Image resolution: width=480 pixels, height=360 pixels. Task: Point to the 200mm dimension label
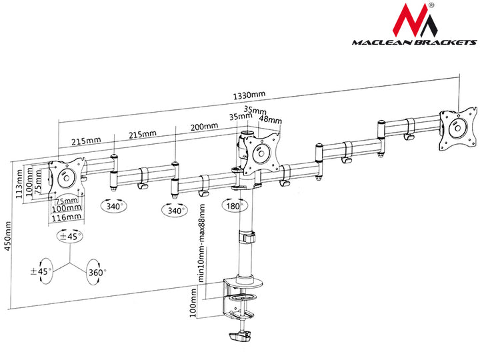(203, 127)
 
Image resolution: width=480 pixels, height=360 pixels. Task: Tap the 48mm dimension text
(270, 121)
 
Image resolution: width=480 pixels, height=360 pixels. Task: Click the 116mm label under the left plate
(67, 217)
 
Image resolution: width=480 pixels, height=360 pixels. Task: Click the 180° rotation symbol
(235, 206)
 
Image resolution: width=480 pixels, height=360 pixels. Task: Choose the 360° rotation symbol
(96, 273)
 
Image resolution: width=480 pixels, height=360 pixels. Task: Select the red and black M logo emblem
(417, 20)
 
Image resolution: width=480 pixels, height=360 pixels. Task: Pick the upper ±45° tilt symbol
(69, 237)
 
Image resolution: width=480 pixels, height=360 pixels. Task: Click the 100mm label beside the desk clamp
(194, 308)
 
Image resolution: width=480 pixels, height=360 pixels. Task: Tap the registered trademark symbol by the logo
(431, 5)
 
